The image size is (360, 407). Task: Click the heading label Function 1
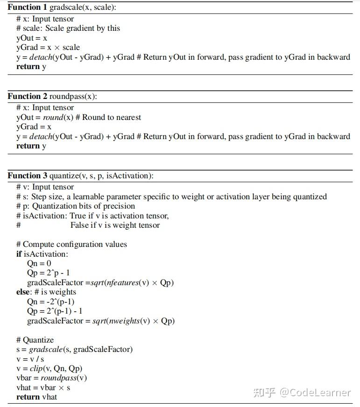(x=27, y=7)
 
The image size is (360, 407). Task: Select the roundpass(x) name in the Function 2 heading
(x=73, y=97)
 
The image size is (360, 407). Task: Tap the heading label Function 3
(x=27, y=176)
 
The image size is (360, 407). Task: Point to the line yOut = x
(x=32, y=38)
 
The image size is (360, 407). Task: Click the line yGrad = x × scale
(x=48, y=47)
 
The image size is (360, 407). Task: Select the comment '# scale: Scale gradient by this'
(x=68, y=28)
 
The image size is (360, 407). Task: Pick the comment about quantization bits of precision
(x=76, y=206)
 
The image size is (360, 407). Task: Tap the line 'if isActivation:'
(x=42, y=254)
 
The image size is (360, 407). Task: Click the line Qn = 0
(x=39, y=263)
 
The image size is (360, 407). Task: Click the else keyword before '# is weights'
(x=23, y=292)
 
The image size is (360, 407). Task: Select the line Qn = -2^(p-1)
(x=50, y=302)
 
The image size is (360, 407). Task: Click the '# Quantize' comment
(x=35, y=340)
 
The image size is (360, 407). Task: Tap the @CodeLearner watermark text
(x=315, y=392)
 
